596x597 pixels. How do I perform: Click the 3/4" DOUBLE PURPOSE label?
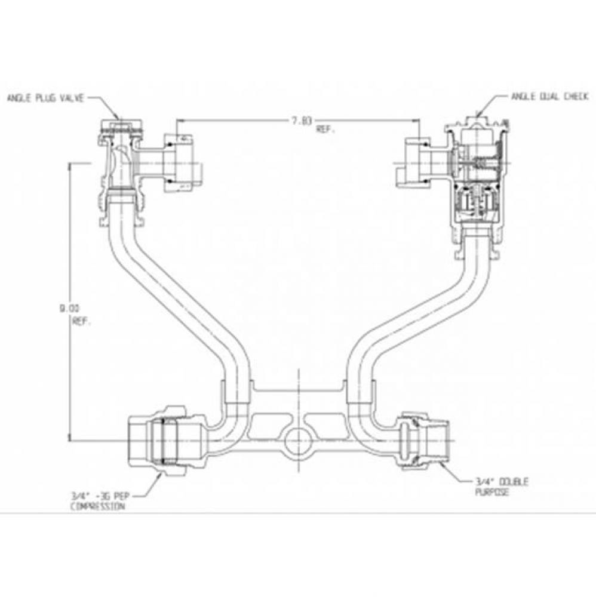[x=493, y=486]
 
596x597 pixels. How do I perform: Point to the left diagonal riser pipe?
[x=173, y=298]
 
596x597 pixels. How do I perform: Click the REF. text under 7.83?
[x=325, y=130]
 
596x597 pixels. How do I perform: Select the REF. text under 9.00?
[x=80, y=322]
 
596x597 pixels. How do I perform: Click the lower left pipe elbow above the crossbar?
[x=230, y=418]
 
